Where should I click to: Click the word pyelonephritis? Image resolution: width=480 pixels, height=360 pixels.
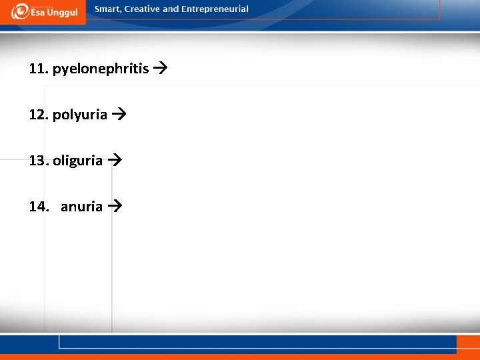click(x=101, y=69)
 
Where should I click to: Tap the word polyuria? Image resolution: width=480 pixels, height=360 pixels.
click(x=80, y=115)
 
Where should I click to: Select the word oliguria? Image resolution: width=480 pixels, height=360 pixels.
click(x=78, y=161)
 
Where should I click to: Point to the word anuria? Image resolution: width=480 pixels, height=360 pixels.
click(x=82, y=207)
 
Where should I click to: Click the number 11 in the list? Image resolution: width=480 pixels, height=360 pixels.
click(x=38, y=69)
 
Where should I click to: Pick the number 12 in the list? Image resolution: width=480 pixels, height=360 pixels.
click(x=38, y=115)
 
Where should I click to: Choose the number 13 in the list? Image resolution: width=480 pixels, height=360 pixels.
click(x=38, y=161)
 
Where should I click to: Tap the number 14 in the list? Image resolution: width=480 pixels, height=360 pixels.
click(x=38, y=207)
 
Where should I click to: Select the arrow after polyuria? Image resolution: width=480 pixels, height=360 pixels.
click(x=118, y=115)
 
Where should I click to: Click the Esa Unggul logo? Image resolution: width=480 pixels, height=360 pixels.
click(x=44, y=11)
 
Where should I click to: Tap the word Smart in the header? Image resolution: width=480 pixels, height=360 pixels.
click(x=107, y=9)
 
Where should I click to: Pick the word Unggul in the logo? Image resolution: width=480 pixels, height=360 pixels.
click(x=61, y=13)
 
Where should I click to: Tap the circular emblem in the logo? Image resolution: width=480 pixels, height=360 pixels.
click(x=19, y=11)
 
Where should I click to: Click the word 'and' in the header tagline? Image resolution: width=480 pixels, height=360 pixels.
click(x=171, y=9)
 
